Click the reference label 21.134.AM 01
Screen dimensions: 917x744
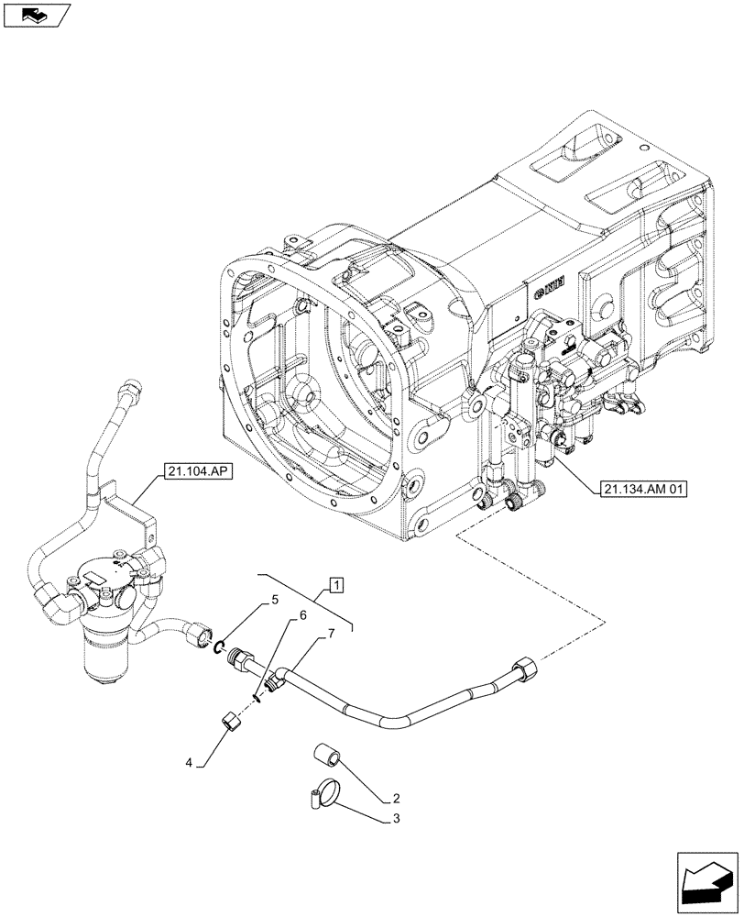644,488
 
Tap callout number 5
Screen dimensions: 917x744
273,602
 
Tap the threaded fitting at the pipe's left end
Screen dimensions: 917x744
245,661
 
